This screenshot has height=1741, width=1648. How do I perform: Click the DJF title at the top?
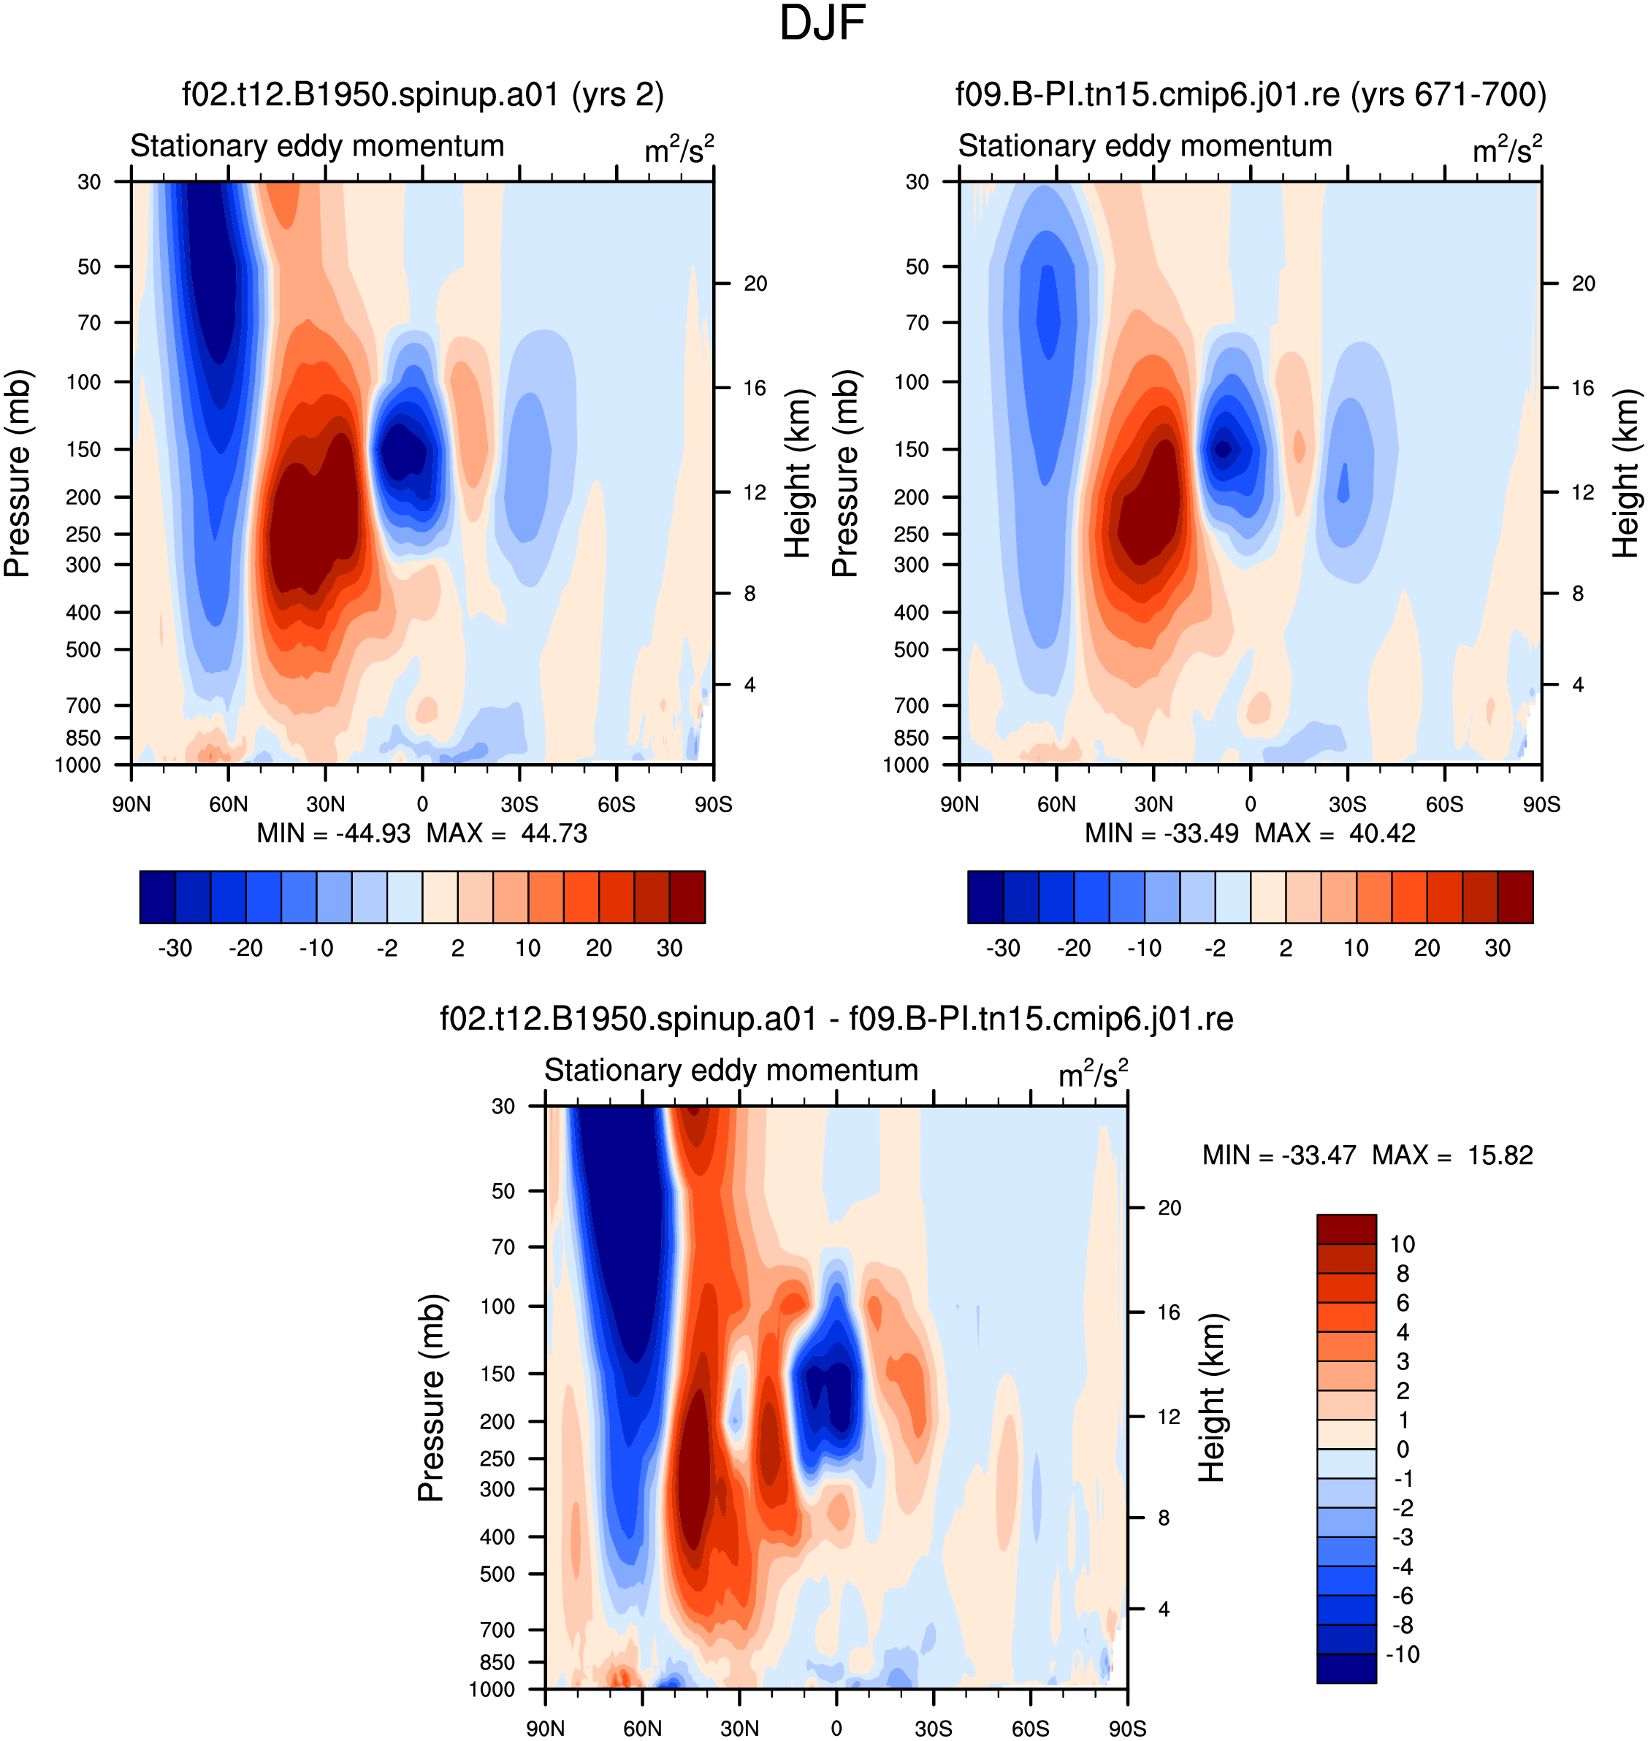[x=823, y=23]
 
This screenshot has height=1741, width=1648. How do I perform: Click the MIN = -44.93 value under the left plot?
[x=333, y=833]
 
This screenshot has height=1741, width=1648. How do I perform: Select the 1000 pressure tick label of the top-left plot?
[x=78, y=765]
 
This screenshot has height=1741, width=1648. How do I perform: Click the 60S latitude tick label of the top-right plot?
[x=1444, y=804]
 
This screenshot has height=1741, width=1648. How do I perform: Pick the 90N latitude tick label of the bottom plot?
[x=546, y=1728]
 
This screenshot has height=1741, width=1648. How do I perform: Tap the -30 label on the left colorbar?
[x=175, y=948]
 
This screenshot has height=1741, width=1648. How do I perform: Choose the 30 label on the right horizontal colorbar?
[x=1498, y=948]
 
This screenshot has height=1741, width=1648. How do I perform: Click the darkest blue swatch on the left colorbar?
[x=157, y=897]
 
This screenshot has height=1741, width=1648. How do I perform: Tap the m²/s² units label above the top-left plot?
[x=679, y=148]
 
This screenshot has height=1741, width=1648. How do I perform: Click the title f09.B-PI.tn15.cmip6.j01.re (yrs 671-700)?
[x=1251, y=94]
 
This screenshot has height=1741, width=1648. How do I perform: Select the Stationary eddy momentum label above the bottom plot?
[x=731, y=1070]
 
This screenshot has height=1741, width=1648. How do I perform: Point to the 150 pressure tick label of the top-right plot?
[x=912, y=449]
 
